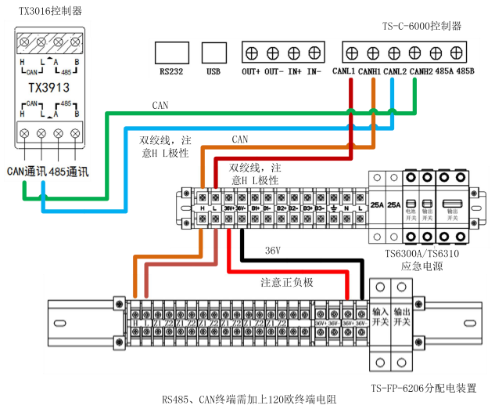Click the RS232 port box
click(171, 52)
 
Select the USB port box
click(213, 52)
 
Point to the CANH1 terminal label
click(370, 71)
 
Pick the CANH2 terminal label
click(420, 71)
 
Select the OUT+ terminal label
click(251, 71)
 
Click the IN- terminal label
click(314, 71)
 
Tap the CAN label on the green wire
click(160, 104)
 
